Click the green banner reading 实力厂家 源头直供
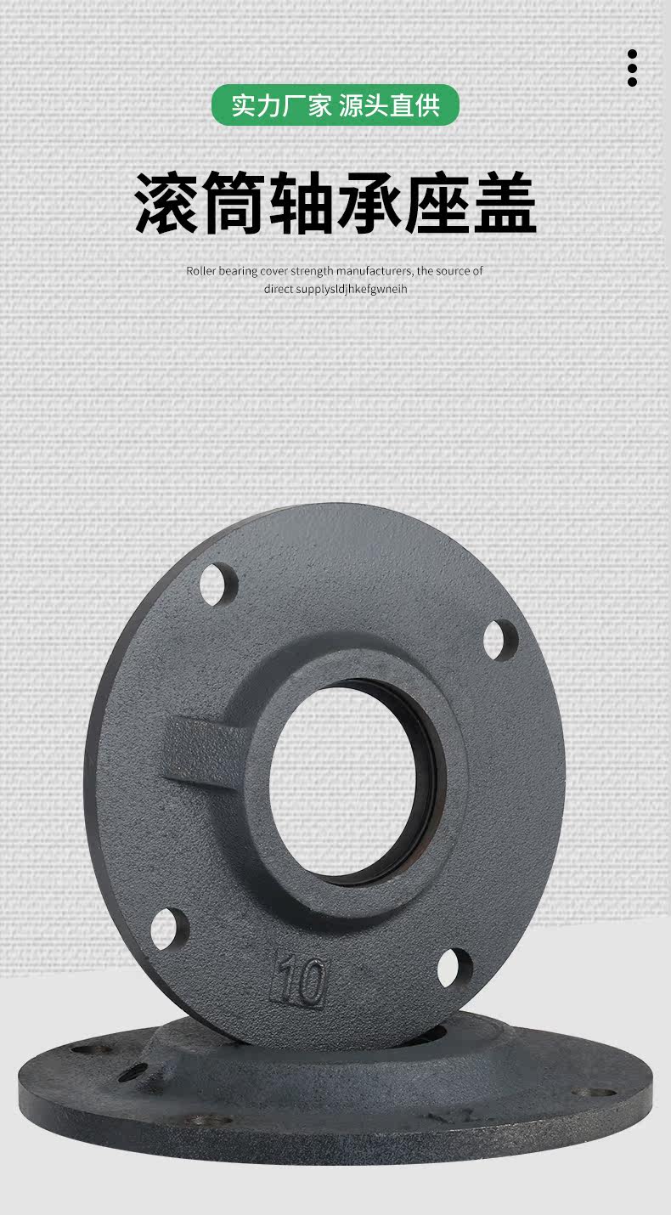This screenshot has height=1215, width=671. (335, 105)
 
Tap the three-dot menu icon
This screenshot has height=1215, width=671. (632, 68)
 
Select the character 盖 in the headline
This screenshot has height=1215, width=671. (504, 202)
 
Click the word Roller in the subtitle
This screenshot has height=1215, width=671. (201, 271)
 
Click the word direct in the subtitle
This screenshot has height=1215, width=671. (279, 289)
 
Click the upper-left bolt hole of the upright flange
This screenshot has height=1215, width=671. (218, 585)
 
